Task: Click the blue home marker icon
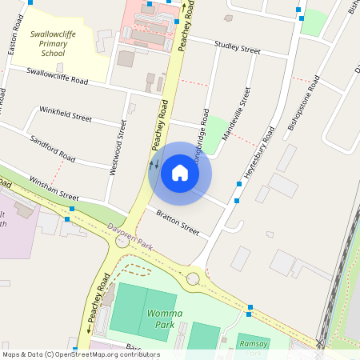coord(180,172)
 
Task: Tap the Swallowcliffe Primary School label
coord(59,46)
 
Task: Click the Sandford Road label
coord(53,149)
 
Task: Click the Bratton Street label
coord(177,222)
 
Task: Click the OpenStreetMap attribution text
coord(80,354)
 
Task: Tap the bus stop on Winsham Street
coord(70,209)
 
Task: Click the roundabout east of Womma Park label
coord(194,279)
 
